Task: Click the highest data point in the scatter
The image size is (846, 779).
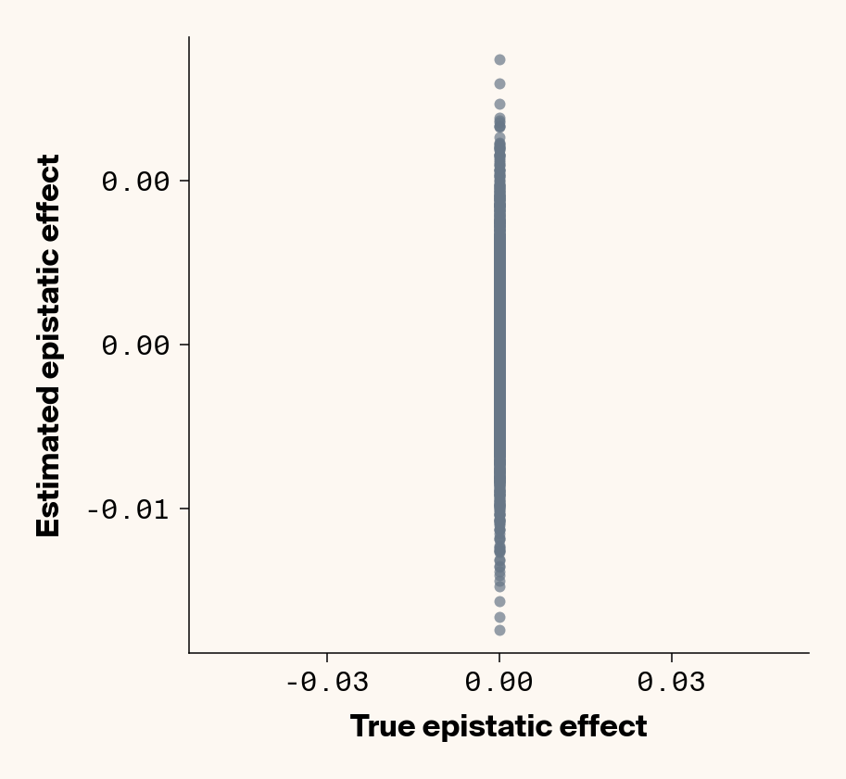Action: click(499, 59)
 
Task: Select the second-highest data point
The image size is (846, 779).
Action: click(499, 83)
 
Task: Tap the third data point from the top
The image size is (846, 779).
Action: click(499, 105)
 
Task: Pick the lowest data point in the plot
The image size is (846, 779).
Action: click(499, 630)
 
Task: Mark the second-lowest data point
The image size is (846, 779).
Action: click(499, 617)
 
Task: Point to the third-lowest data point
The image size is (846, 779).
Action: click(499, 601)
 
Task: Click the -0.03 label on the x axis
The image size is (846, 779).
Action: click(327, 683)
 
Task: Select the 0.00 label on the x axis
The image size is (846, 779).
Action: click(499, 683)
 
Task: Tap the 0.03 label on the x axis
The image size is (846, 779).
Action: click(672, 683)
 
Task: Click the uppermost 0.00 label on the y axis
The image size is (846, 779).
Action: click(135, 181)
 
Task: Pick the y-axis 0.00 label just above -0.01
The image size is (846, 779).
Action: click(135, 346)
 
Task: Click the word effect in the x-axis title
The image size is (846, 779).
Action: click(609, 726)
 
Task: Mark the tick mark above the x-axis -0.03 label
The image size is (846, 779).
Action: click(327, 657)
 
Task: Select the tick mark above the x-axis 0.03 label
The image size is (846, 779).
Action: click(672, 657)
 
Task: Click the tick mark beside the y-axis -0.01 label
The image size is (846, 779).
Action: click(184, 509)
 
